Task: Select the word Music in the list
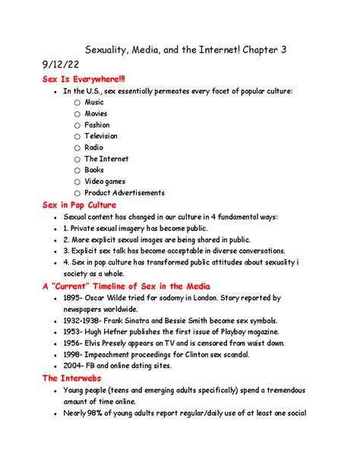click(x=94, y=102)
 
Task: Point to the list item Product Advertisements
click(x=124, y=193)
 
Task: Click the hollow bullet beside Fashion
click(x=77, y=125)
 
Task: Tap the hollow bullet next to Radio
click(x=77, y=147)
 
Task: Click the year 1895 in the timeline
click(x=72, y=298)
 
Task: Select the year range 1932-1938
click(x=84, y=321)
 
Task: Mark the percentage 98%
click(x=99, y=414)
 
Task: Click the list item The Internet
click(x=106, y=159)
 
